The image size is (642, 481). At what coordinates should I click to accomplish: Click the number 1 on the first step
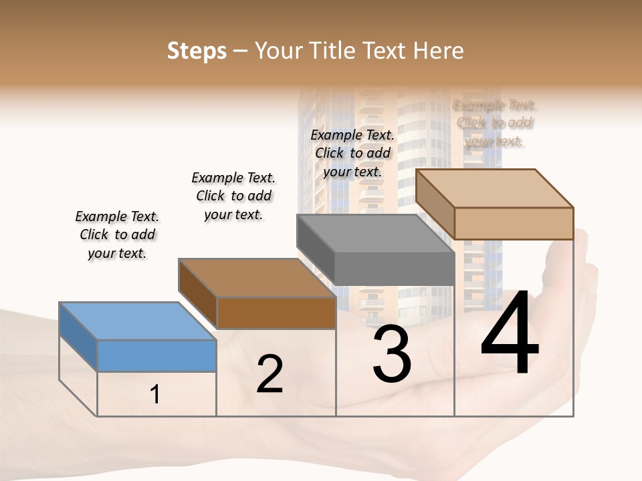155,395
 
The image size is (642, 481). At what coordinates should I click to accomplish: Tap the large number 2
270,374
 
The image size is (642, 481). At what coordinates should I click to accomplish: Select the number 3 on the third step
392,355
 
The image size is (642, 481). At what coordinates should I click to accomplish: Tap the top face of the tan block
495,188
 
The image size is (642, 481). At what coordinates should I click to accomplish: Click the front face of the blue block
156,355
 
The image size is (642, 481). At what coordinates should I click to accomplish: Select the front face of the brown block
276,313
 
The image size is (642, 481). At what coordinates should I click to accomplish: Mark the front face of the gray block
394,269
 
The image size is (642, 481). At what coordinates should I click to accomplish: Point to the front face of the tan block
514,223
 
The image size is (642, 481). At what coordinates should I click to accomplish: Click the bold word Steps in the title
197,51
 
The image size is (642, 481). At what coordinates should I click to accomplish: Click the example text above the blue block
117,234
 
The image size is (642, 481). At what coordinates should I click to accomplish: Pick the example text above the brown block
233,196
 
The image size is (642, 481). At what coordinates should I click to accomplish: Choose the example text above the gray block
352,153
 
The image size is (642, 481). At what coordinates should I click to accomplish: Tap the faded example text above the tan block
494,123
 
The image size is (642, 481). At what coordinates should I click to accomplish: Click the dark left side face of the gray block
315,250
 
